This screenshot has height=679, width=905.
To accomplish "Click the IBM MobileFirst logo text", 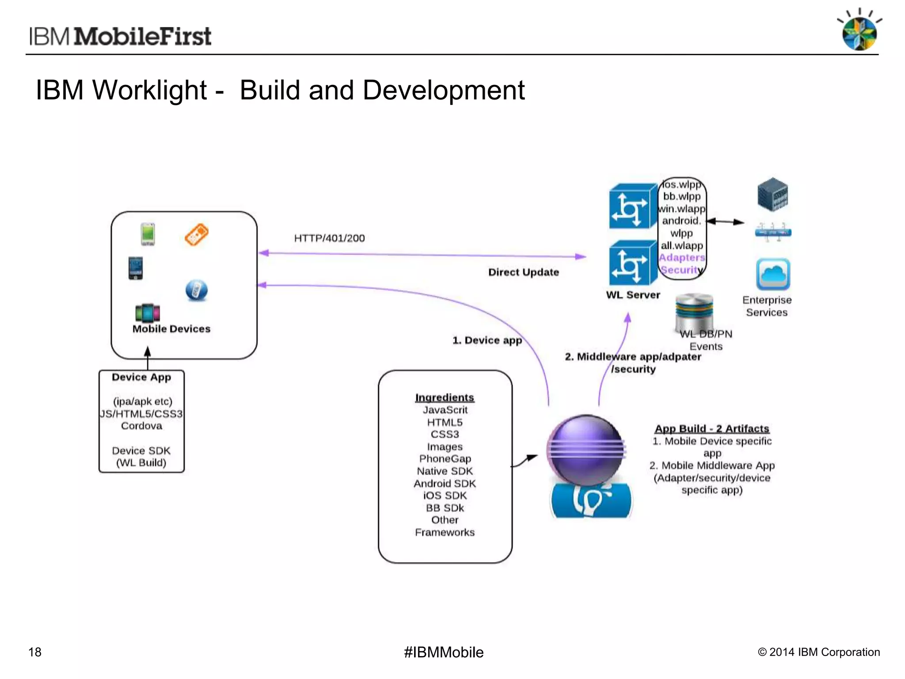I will (x=120, y=36).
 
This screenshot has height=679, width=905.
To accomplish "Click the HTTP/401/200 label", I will (x=329, y=238).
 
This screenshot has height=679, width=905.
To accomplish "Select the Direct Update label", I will (x=523, y=272).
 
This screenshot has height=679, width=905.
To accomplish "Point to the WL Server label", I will (x=633, y=295).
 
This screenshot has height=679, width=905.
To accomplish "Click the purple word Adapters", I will (x=682, y=257).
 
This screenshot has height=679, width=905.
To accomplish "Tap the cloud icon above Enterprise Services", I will (x=773, y=274).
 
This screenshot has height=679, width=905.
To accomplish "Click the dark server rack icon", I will (x=772, y=194).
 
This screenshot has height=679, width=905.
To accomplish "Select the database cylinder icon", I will (x=694, y=312).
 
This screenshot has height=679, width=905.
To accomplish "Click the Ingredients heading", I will (x=445, y=397).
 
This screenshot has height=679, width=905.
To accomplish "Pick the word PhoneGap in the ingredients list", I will (x=445, y=459).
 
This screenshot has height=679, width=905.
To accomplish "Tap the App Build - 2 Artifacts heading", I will (x=711, y=428).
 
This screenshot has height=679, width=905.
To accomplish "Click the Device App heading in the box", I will (x=141, y=377).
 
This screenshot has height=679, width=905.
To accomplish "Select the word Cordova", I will (x=141, y=426).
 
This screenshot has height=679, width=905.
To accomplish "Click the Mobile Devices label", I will (x=171, y=329).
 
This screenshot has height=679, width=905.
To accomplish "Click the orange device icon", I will (x=196, y=234).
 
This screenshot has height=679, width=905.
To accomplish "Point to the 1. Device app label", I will (x=487, y=340).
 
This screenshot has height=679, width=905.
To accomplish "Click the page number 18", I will (x=35, y=652).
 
